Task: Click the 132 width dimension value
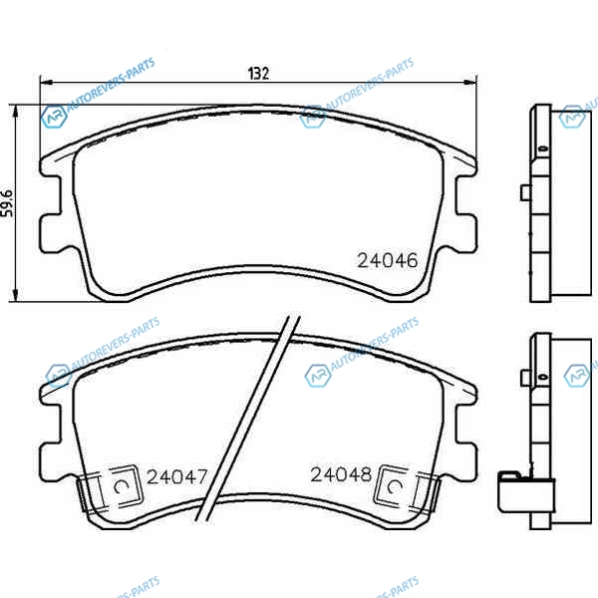[x=258, y=73]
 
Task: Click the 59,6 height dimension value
[x=7, y=203]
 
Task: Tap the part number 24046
[x=388, y=260]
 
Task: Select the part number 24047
[x=177, y=476]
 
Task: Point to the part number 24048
[x=341, y=474]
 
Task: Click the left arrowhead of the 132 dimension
[x=46, y=82]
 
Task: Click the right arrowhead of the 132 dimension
[x=470, y=82]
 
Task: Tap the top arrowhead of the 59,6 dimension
[x=15, y=112]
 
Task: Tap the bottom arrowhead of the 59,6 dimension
[x=15, y=295]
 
